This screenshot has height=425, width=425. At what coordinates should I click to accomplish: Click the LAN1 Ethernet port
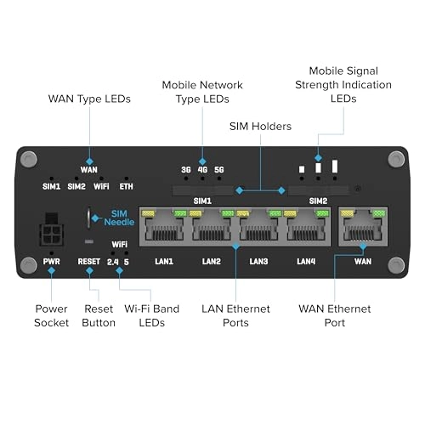coord(164,226)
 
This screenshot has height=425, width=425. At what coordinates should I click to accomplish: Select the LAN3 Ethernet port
coord(258,226)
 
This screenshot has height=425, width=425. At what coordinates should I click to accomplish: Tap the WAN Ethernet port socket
coord(363,226)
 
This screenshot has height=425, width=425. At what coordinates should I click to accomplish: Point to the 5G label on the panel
coord(219,170)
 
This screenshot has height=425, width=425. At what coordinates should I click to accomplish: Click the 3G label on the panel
coord(186,170)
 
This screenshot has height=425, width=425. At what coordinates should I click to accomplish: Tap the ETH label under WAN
coord(126,186)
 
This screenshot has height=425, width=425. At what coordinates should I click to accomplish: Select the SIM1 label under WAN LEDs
coord(51,186)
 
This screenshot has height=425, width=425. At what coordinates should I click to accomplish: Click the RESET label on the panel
coord(89,261)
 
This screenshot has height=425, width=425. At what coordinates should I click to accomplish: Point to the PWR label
coord(51,261)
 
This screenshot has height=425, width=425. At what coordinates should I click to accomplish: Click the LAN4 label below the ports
coord(306,261)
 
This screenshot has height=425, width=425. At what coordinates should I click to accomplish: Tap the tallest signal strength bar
coord(335,166)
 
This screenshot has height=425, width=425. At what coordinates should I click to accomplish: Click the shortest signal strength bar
coord(302,169)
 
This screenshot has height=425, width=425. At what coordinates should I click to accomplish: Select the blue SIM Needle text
coord(119,218)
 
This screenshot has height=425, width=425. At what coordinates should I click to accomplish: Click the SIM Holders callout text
coord(260,127)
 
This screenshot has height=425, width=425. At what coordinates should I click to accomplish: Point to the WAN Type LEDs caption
coord(89,99)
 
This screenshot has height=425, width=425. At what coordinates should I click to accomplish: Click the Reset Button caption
coord(99,315)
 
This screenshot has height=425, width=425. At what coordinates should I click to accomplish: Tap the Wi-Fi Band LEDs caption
coord(152,315)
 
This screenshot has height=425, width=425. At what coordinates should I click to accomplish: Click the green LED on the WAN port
coord(379,213)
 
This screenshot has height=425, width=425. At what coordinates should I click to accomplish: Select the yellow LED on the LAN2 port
coord(195,213)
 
